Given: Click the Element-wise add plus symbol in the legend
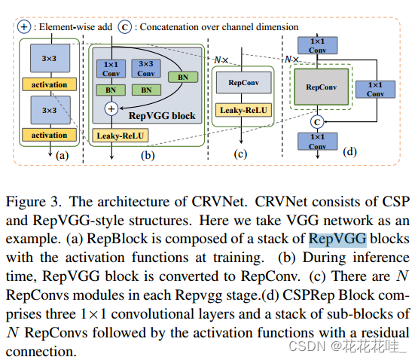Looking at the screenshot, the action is pyautogui.click(x=24, y=27).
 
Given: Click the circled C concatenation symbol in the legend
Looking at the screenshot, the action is pyautogui.click(x=125, y=27).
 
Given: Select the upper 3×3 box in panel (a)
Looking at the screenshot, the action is pyautogui.click(x=50, y=58).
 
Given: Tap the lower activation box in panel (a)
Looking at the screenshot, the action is pyautogui.click(x=49, y=135).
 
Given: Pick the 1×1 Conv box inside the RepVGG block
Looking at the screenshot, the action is pyautogui.click(x=111, y=69).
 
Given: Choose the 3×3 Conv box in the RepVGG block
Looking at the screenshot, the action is pyautogui.click(x=146, y=69).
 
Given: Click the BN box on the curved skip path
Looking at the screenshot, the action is pyautogui.click(x=183, y=77).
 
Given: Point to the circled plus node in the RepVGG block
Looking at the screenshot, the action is pyautogui.click(x=111, y=108).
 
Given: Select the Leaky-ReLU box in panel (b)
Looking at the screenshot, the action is pyautogui.click(x=121, y=136).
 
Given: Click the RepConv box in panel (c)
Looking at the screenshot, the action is pyautogui.click(x=244, y=83).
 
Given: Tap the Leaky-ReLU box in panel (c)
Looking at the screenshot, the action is pyautogui.click(x=244, y=110).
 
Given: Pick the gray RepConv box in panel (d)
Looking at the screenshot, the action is pyautogui.click(x=322, y=87).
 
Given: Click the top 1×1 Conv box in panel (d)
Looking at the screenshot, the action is pyautogui.click(x=317, y=46).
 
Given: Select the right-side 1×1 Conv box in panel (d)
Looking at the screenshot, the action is pyautogui.click(x=375, y=90).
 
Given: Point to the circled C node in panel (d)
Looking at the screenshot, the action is pyautogui.click(x=317, y=122).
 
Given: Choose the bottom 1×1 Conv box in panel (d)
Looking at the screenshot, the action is pyautogui.click(x=317, y=142).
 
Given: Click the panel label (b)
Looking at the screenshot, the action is pyautogui.click(x=148, y=155).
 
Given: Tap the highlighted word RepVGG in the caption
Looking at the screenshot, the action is pyautogui.click(x=337, y=239).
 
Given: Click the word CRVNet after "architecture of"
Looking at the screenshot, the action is pyautogui.click(x=218, y=202).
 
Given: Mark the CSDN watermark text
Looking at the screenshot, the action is pyautogui.click(x=348, y=346).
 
